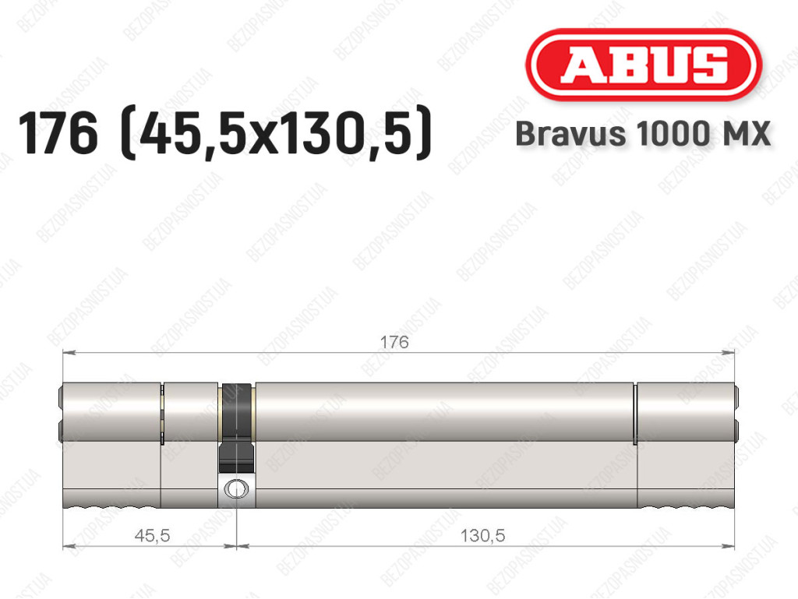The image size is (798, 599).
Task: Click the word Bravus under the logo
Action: click(x=570, y=134)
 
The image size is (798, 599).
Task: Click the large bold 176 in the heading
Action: click(x=58, y=133)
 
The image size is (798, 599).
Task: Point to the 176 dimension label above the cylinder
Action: click(x=394, y=342)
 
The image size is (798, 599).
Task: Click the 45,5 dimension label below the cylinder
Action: click(x=152, y=535)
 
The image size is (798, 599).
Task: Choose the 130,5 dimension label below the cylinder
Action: click(x=482, y=535)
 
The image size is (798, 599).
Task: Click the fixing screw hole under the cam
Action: click(x=236, y=488)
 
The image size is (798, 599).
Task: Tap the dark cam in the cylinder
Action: click(x=236, y=427)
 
